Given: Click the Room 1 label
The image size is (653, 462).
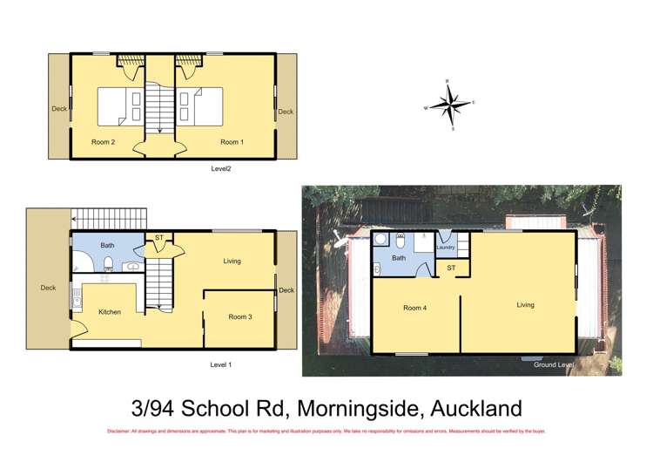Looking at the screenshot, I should [x=230, y=141].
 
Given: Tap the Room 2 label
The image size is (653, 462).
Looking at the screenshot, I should [x=104, y=141].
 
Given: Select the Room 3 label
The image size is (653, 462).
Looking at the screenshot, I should [x=240, y=316].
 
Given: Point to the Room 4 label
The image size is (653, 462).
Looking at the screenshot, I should [x=415, y=307].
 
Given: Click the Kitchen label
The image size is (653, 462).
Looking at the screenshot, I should [x=110, y=311].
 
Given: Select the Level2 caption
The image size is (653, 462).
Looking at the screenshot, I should [x=221, y=168].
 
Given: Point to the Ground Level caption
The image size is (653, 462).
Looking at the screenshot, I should [x=555, y=364].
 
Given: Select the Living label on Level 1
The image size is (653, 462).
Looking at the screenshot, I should [x=232, y=261].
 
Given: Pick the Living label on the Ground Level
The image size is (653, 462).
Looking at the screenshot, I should [x=525, y=305].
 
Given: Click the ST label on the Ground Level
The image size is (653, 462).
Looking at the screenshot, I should [x=451, y=268].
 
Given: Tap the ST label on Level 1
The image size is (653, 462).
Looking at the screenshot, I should [x=158, y=237].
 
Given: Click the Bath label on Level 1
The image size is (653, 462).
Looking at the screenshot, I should [x=107, y=246].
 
